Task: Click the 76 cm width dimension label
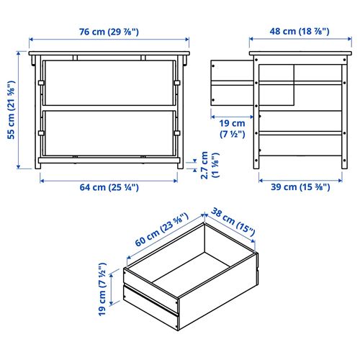[x=109, y=31]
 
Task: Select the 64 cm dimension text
[x=109, y=187]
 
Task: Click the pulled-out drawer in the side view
[x=233, y=81]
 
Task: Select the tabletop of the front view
[x=109, y=54]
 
